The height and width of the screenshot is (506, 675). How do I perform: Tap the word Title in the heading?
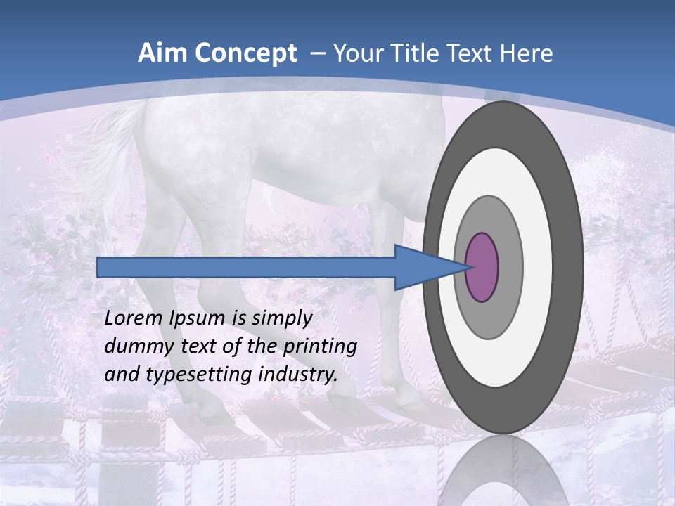[x=416, y=53]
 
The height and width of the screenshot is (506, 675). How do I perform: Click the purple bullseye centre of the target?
[x=482, y=267]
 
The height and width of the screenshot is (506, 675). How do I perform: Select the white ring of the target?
[x=538, y=267]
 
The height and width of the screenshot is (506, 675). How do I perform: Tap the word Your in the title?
[x=355, y=53]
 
